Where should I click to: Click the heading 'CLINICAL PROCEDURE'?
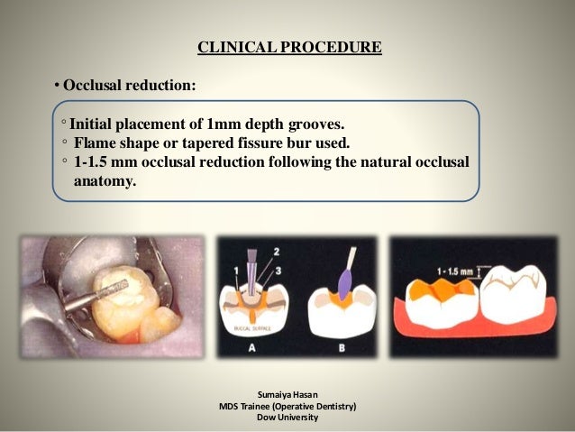pos(288,47)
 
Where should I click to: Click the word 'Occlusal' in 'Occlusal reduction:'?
pos(92,87)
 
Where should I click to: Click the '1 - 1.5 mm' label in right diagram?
pos(457,267)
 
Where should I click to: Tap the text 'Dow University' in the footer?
pos(287,418)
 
